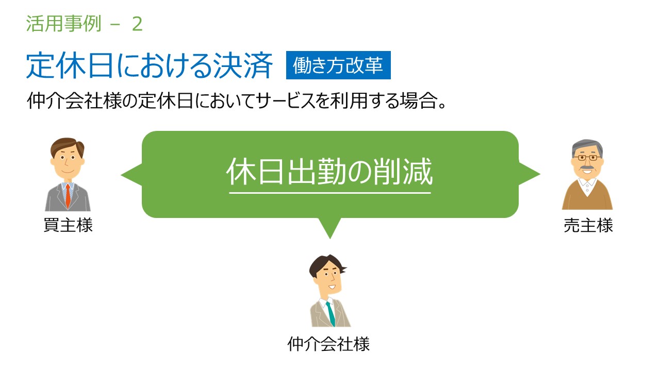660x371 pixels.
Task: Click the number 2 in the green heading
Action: point(137,24)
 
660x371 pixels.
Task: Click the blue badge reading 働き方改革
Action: point(338,65)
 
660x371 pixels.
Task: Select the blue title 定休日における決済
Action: point(150,65)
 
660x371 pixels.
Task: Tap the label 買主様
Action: point(68,225)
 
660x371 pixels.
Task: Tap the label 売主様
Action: point(588,225)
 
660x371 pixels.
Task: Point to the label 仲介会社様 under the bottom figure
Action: point(328,344)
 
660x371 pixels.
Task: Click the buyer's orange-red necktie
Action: point(68,196)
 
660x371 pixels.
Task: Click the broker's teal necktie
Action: point(331,314)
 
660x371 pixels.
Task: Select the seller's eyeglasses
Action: point(587,158)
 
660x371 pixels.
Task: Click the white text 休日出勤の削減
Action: point(329,172)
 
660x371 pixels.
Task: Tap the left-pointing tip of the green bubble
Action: point(121,175)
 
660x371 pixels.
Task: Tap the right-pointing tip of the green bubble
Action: point(539,174)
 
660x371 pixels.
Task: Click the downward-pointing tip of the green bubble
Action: point(330,238)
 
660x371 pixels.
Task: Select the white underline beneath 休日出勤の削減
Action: point(330,193)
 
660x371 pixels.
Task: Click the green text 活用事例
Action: point(63,24)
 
